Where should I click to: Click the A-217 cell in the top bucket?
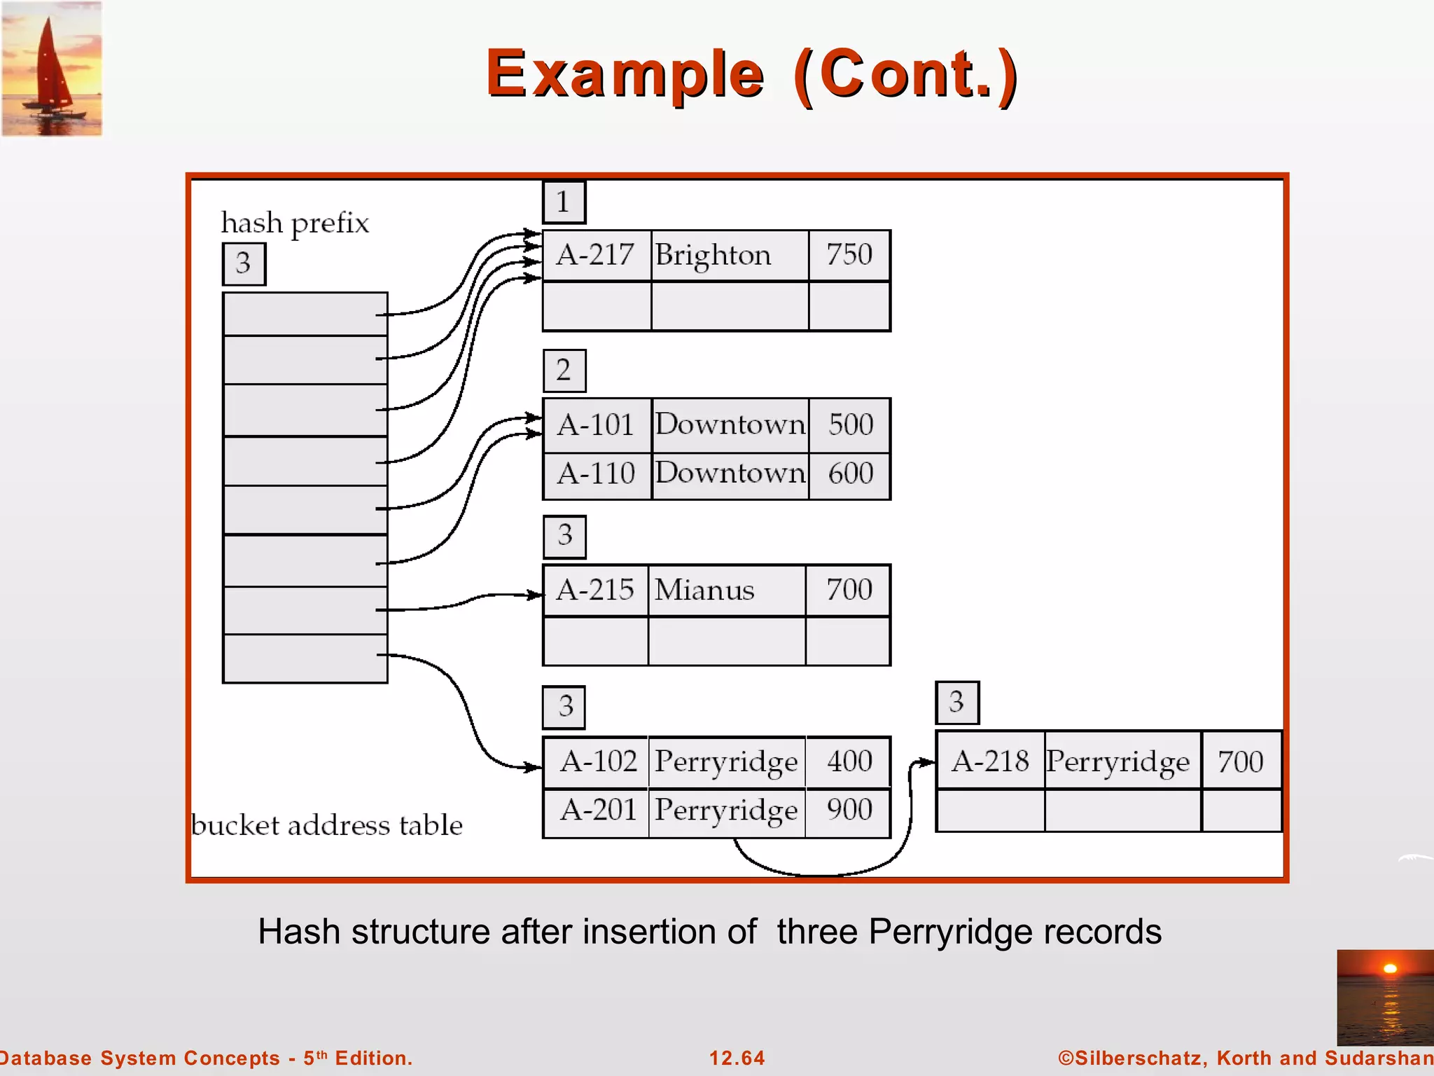point(596,255)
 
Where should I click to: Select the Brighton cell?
point(728,255)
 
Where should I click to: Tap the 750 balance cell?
point(849,255)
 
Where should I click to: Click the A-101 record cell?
point(596,425)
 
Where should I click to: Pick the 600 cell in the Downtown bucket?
point(850,474)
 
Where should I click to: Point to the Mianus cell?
point(725,590)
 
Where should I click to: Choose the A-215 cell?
point(595,590)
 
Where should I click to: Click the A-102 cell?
point(597,761)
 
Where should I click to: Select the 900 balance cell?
point(849,811)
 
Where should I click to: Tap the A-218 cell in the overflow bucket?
point(990,761)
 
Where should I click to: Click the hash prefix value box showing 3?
point(244,263)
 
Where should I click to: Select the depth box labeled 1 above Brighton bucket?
point(564,202)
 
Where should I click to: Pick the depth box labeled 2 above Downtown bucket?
point(564,371)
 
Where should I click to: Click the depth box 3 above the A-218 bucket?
point(957,703)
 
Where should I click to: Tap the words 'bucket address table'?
point(326,825)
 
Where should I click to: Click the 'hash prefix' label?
point(295,223)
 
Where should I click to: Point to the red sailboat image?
point(52,69)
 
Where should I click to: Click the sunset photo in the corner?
point(1384,997)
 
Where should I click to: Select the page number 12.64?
point(737,1058)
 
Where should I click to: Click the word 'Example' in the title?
point(625,74)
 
